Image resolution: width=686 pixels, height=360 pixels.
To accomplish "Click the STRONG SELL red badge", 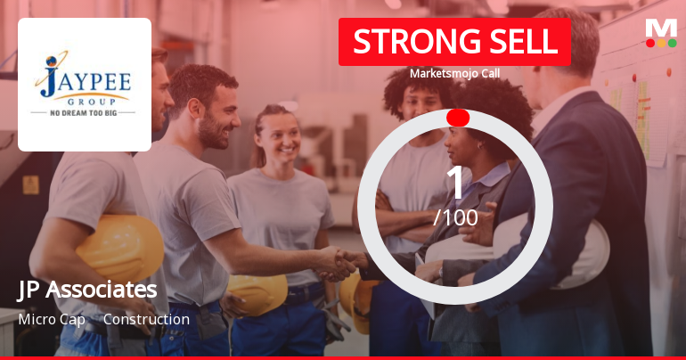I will coord(454,42).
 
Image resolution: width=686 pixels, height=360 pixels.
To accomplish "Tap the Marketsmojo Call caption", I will coord(454,73).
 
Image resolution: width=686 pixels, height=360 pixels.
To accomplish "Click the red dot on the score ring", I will coord(458,118).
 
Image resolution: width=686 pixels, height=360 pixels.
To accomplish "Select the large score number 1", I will coord(455,184).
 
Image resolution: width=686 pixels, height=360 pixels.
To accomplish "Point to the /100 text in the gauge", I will coord(455,217).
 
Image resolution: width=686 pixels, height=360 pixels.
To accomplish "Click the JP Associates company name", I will coord(87,290).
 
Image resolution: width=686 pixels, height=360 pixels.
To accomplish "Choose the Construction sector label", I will coord(146,319).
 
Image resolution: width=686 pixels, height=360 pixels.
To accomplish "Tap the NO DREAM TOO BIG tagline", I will coord(84,113).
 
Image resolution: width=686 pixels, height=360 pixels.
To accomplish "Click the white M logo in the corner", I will coord(661,28).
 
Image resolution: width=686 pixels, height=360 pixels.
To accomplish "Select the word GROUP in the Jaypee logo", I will coord(84,101).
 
